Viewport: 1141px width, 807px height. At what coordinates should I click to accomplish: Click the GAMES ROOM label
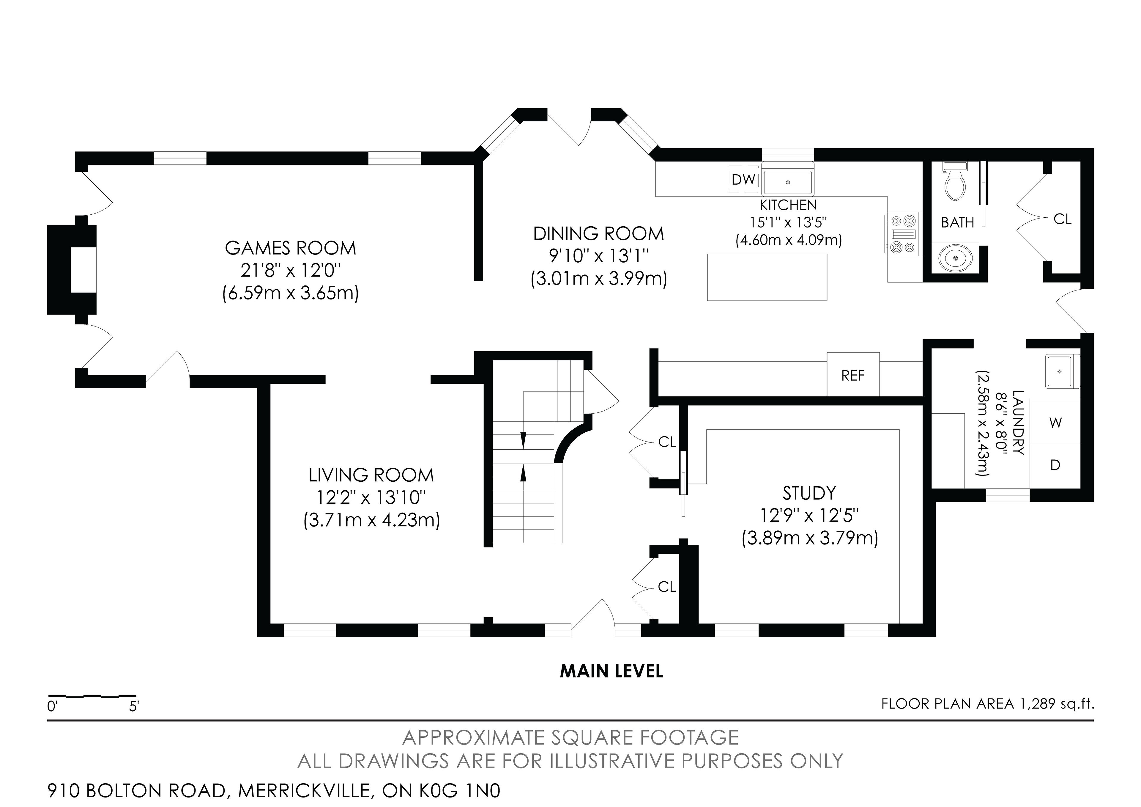click(290, 248)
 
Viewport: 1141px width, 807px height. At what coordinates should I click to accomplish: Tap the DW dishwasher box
click(743, 179)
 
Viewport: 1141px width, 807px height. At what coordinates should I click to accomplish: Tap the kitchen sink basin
click(788, 182)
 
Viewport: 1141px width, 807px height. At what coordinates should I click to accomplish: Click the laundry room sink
click(1063, 371)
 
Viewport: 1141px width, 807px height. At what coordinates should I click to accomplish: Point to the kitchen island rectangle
click(767, 277)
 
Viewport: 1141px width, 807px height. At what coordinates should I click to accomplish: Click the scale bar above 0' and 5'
click(92, 695)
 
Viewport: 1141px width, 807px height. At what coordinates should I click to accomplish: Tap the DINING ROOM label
click(598, 233)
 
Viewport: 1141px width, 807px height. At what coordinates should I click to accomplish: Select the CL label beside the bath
click(1063, 219)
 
